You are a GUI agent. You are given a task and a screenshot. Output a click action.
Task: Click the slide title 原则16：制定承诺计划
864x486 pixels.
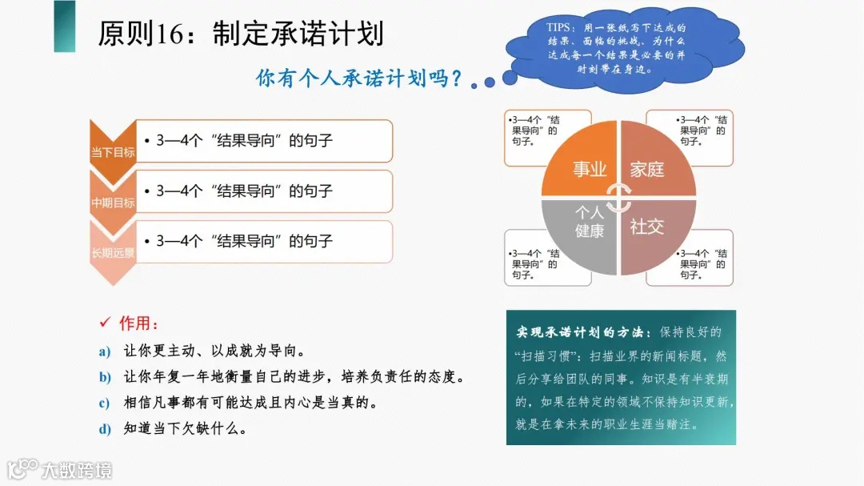241,34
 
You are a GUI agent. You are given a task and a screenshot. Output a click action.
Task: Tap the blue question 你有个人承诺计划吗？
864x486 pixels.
359,78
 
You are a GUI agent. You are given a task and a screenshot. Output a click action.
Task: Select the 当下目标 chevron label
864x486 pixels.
112,151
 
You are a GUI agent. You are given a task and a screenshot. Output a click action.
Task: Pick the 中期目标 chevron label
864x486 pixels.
112,203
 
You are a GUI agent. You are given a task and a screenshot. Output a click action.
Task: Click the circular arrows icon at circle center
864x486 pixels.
618,198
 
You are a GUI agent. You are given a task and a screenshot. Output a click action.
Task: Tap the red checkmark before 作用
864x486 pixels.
104,323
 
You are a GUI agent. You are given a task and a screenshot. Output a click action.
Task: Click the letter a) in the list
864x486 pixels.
104,351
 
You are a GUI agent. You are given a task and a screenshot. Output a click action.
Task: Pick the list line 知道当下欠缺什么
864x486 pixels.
185,428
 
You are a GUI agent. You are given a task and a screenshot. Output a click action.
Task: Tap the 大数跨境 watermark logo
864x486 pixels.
59,469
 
